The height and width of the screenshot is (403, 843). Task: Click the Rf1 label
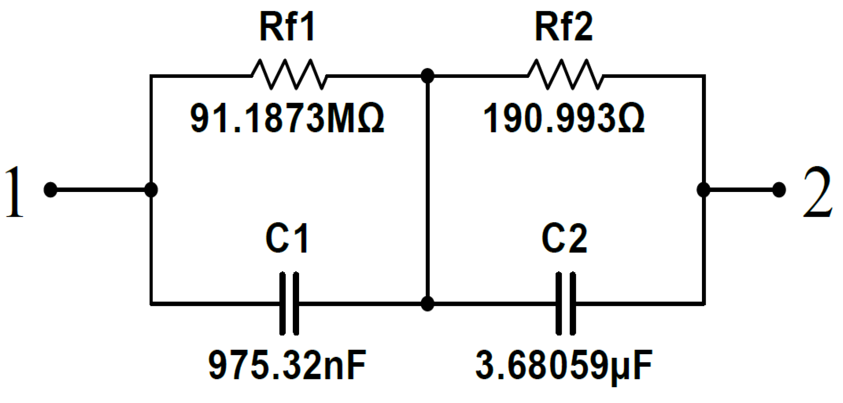coord(287,27)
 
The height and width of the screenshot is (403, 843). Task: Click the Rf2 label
coord(564,27)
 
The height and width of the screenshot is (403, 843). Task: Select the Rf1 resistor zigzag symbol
coord(289,75)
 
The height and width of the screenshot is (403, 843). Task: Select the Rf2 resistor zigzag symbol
coord(565,75)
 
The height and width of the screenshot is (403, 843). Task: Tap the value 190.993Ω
coord(564,119)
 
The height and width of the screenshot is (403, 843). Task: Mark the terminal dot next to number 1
coord(50,190)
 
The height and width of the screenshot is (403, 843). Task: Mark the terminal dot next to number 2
coord(779,190)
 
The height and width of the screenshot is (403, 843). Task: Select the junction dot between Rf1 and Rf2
coord(427,76)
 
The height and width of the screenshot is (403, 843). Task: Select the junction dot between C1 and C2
coord(427,303)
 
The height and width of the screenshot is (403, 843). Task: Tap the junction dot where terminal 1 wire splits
coord(151,190)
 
